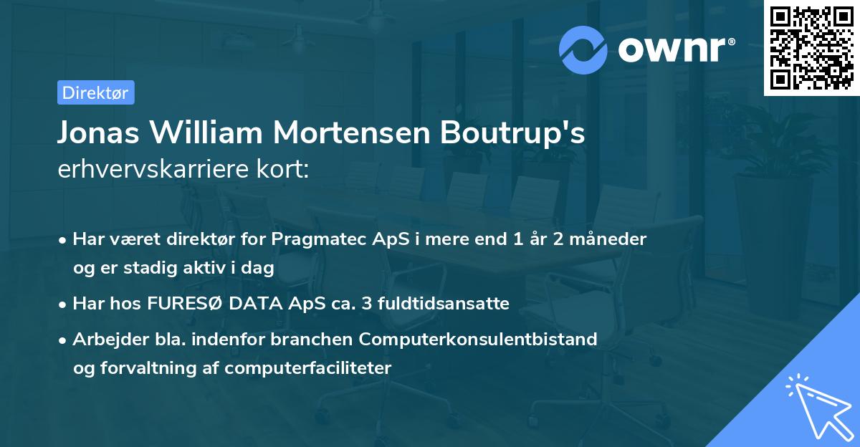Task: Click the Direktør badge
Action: point(95,92)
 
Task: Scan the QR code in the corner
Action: point(811,48)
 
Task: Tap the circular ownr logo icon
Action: point(583,49)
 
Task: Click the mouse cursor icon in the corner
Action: point(816,405)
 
